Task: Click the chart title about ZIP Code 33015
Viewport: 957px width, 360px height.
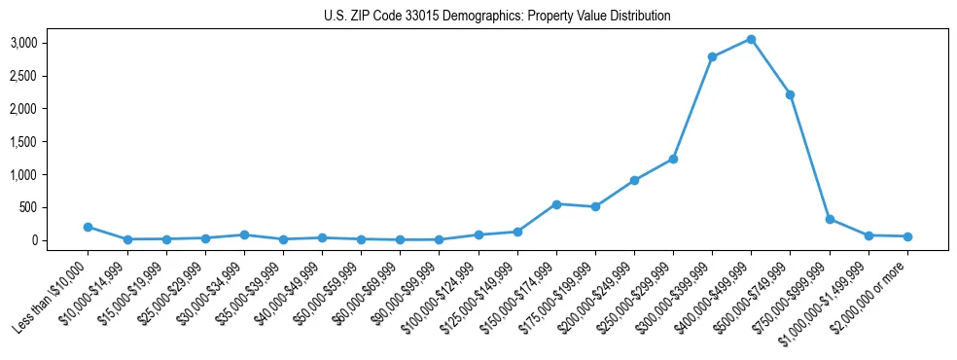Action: [497, 17]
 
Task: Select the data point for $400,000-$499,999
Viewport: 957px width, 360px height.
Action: [751, 40]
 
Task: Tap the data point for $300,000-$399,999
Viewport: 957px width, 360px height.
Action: [712, 57]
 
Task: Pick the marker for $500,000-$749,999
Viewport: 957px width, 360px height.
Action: [790, 94]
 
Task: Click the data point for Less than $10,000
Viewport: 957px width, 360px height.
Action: [89, 227]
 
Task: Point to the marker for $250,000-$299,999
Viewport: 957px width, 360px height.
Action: [673, 159]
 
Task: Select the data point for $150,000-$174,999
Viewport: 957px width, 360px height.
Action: [556, 204]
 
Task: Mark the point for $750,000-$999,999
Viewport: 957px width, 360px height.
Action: [829, 219]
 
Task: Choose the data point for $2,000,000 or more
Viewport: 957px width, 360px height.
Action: [906, 236]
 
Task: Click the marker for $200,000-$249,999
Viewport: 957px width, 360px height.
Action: [634, 180]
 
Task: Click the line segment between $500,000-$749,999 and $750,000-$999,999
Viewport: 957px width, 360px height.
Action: [809, 157]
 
